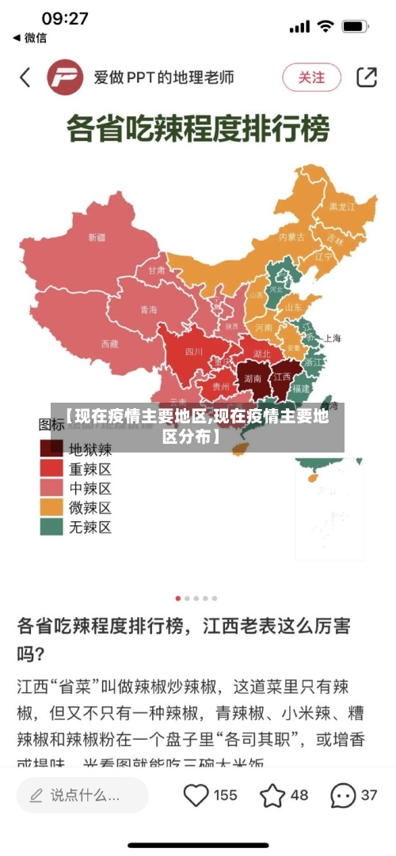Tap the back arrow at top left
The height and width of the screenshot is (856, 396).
25,77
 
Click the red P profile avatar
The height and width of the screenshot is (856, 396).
66,78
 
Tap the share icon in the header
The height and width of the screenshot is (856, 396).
367,77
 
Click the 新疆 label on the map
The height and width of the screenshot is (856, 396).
97,237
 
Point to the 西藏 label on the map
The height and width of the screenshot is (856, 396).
109,343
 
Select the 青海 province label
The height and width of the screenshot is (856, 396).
148,309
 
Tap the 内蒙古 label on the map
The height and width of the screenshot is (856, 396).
291,236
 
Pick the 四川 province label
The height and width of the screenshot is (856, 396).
194,351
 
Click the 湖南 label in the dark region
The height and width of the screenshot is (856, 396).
253,378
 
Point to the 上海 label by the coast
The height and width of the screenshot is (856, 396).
331,338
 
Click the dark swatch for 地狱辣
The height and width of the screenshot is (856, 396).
52,449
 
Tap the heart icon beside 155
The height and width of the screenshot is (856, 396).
196,795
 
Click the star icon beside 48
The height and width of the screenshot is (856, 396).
272,795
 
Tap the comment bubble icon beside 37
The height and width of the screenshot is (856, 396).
342,795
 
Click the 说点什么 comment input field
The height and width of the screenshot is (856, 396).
83,795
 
